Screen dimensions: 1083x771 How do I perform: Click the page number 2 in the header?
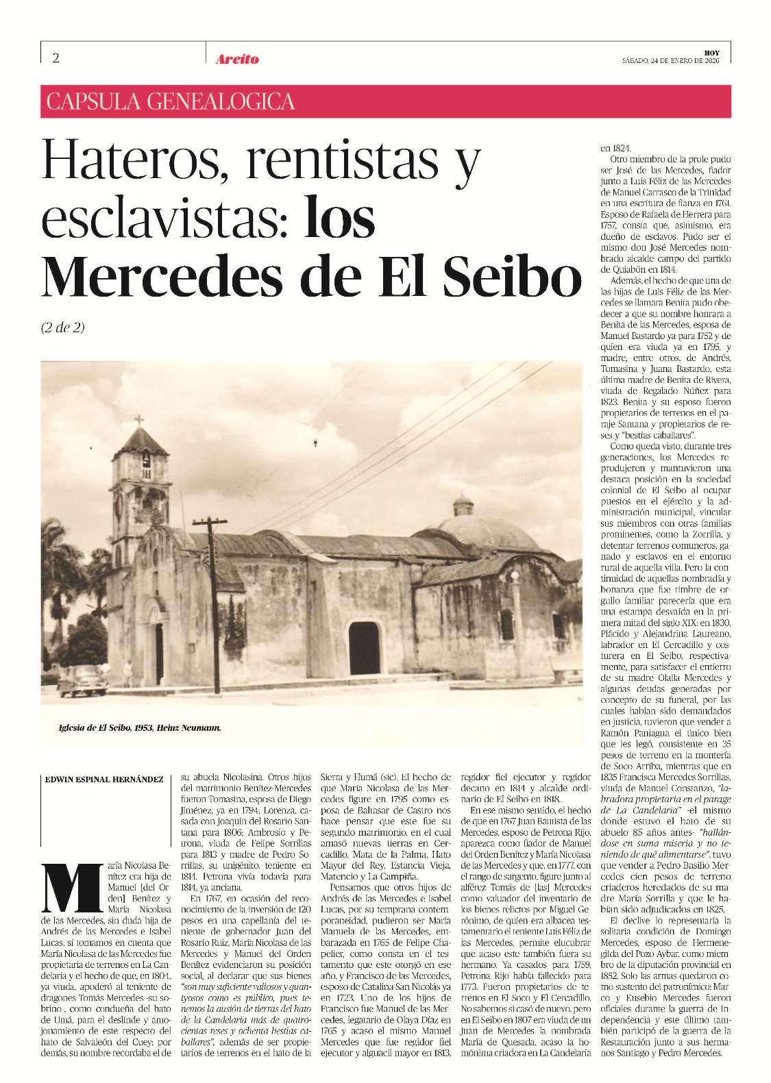(56, 58)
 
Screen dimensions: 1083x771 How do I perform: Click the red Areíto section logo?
(237, 60)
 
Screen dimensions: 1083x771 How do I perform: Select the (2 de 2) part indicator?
(63, 327)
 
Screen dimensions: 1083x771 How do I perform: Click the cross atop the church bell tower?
(139, 421)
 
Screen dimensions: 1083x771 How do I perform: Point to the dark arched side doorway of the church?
(364, 647)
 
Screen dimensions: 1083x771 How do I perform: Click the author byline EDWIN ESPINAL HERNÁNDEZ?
(104, 780)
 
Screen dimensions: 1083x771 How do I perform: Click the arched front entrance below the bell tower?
(158, 651)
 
